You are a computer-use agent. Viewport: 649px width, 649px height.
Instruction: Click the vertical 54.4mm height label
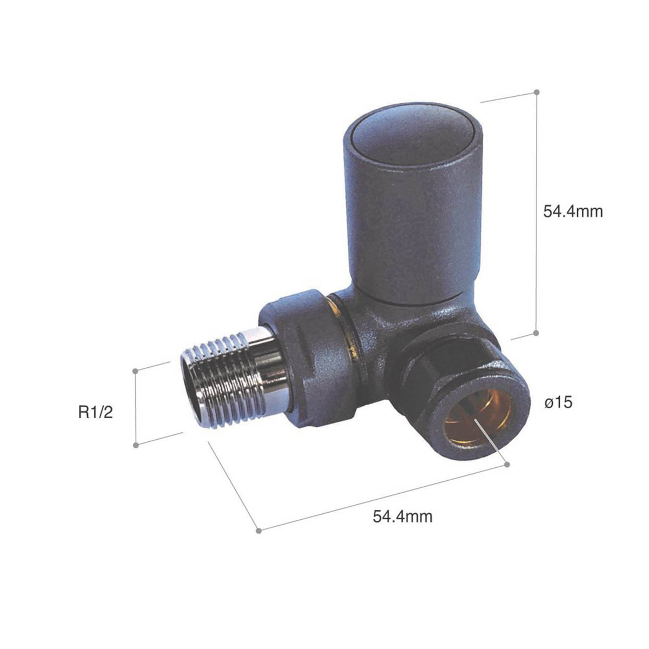(572, 211)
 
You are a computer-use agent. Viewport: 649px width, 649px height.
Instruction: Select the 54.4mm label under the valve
(402, 516)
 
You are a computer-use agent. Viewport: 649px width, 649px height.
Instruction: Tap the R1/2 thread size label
(96, 413)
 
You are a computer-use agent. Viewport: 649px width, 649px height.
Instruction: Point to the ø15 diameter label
(559, 403)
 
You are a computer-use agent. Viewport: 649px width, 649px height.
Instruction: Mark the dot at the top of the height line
(537, 92)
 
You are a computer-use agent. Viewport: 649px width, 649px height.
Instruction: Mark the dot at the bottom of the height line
(537, 333)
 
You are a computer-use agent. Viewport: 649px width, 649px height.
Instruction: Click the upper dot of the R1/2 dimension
(136, 370)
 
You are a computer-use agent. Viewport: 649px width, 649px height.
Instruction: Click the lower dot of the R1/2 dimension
(136, 445)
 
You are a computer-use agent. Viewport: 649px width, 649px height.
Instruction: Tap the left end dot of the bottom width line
(259, 531)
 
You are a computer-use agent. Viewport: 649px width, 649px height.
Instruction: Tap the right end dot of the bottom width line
(507, 464)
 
